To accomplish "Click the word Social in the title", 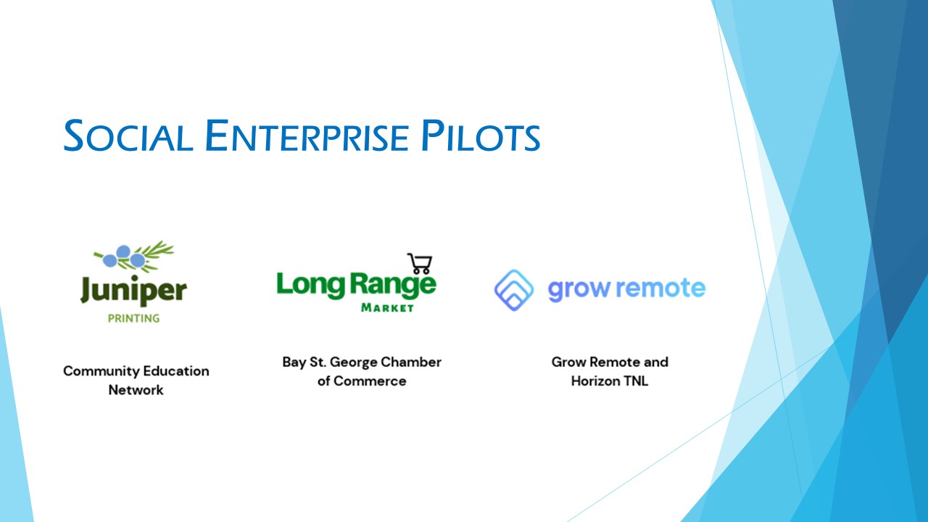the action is click(128, 136).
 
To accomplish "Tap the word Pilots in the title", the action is click(481, 136).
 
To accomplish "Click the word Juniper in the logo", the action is click(133, 291).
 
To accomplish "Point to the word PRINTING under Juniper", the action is click(133, 318).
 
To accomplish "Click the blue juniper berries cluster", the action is click(123, 257).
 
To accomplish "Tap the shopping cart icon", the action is click(420, 263).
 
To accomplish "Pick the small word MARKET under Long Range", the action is click(387, 308).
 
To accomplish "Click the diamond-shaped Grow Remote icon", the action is click(514, 290).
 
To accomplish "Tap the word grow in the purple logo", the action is click(579, 289).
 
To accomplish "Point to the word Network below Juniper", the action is click(136, 390).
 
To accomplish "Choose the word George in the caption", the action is click(354, 362).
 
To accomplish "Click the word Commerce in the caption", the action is click(370, 381).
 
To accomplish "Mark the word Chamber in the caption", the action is click(411, 362).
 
